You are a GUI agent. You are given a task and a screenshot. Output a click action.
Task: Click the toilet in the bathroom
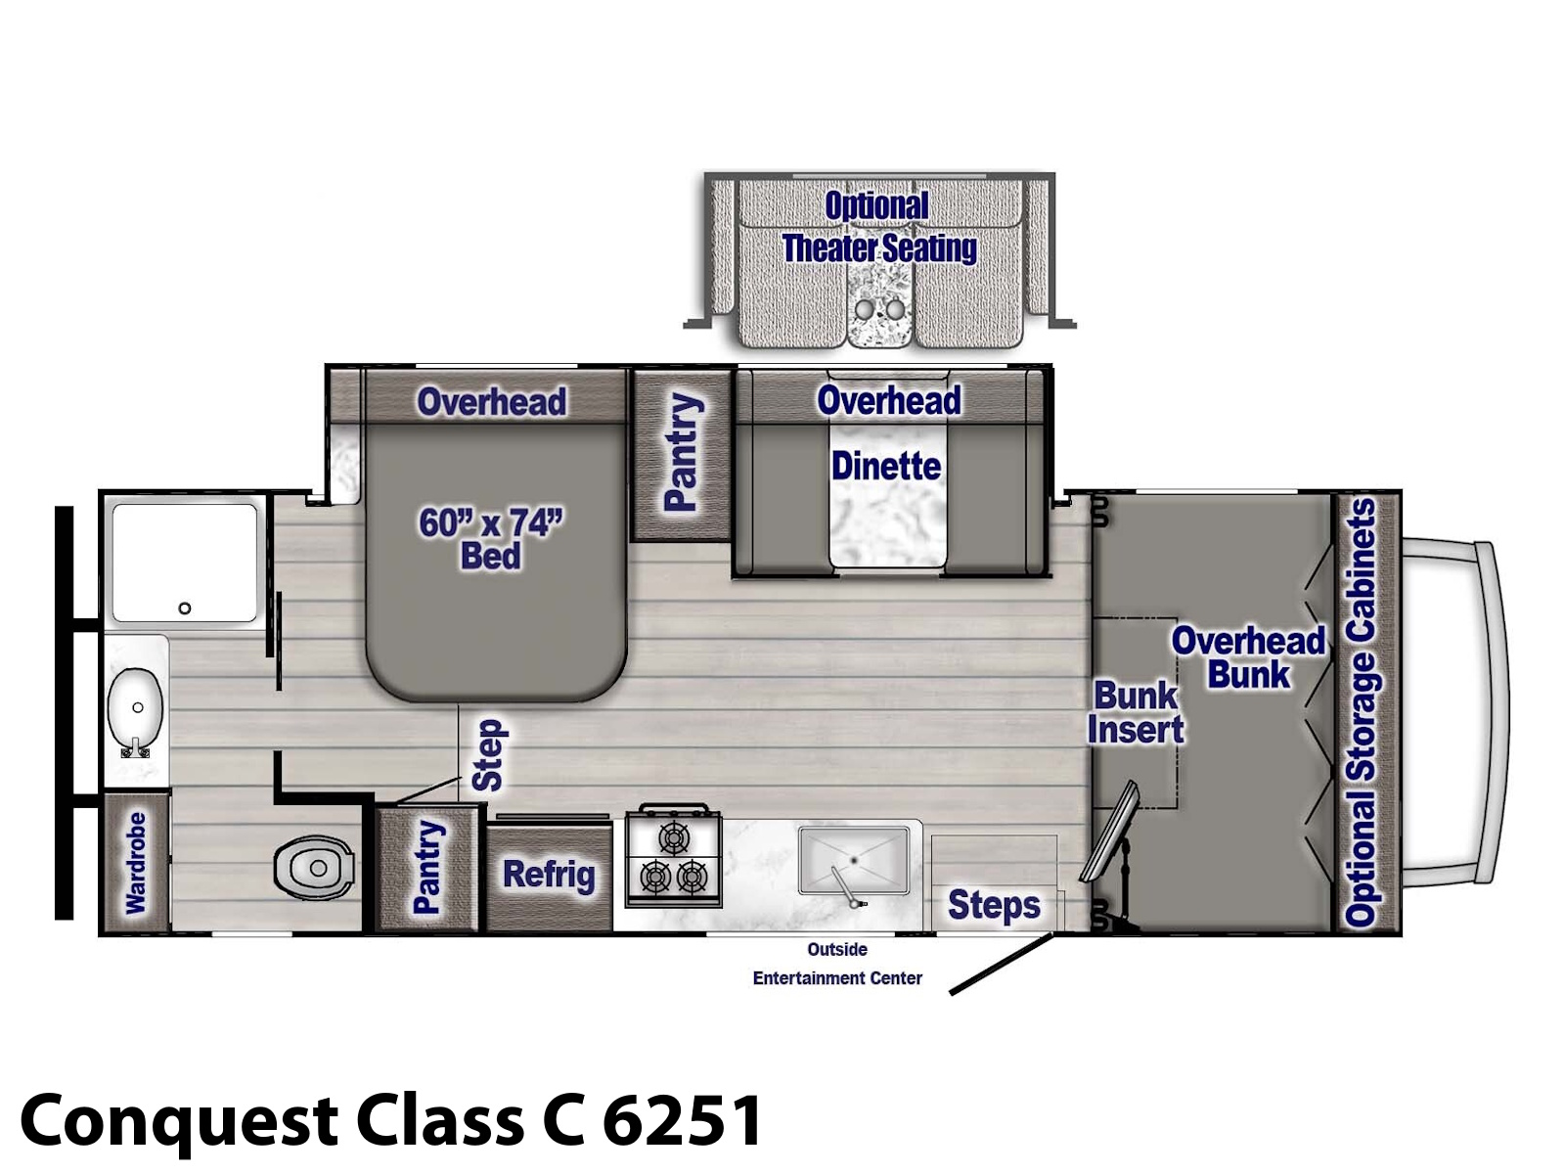tap(314, 866)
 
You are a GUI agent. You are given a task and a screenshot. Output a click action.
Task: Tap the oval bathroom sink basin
tap(135, 707)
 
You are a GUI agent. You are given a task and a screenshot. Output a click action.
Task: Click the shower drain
tap(185, 608)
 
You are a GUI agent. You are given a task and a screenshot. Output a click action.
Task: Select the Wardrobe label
tap(136, 863)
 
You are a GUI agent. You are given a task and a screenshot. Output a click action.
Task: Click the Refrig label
tap(549, 875)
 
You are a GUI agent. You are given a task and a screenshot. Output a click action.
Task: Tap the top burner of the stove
tap(673, 836)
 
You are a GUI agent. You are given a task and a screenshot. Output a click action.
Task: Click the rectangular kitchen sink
tap(854, 860)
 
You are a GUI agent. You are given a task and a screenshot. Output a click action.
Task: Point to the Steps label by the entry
tap(994, 905)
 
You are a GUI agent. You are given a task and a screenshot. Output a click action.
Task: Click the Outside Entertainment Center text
tap(837, 964)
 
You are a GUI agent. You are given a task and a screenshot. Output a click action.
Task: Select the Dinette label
tap(886, 467)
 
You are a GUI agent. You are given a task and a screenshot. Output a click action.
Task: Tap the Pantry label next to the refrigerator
tap(428, 867)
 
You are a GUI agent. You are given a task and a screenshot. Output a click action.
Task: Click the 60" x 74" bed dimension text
tap(491, 540)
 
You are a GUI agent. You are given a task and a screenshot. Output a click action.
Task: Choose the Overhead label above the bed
tap(492, 402)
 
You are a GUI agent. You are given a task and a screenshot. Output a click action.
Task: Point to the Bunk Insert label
tap(1135, 712)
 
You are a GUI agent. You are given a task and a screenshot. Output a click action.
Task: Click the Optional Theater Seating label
tap(879, 227)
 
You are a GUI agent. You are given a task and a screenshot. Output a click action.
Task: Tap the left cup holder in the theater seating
tap(864, 309)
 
